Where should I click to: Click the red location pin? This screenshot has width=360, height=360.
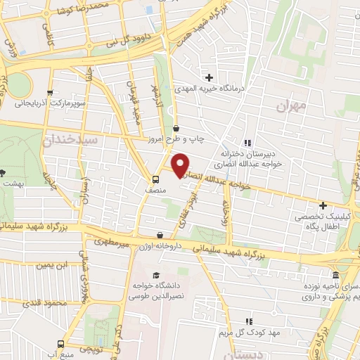(x=181, y=165)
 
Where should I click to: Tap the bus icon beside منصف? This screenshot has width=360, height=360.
(x=155, y=179)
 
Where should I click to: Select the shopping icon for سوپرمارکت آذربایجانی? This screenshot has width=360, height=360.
(x=49, y=92)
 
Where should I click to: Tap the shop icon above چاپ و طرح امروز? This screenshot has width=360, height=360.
(x=175, y=128)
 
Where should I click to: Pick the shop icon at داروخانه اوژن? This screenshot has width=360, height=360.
(x=161, y=235)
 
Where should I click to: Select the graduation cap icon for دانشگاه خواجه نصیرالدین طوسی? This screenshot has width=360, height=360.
(x=155, y=275)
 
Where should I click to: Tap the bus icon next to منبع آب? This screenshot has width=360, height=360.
(x=60, y=345)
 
